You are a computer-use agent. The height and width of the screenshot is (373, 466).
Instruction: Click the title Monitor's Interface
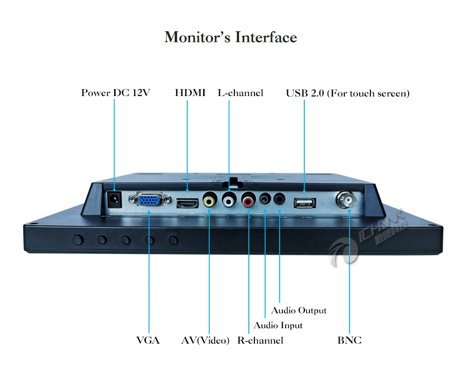coord(231,37)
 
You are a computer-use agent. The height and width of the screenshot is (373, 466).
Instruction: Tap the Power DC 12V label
coord(116,93)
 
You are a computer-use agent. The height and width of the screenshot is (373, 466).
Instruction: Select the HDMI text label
coord(190,93)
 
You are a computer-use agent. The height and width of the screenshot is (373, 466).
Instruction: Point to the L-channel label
coord(240,93)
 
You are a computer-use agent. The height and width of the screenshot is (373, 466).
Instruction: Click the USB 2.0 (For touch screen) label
coord(348,93)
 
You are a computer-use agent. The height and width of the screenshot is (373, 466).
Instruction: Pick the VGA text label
coord(148,340)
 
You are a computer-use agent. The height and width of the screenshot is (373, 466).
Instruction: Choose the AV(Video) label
coord(206,340)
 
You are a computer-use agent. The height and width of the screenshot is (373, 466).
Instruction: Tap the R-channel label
coord(260,340)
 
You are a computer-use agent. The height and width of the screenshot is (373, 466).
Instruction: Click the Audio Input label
coord(278,325)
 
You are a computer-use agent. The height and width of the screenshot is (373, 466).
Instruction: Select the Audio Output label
coord(299,311)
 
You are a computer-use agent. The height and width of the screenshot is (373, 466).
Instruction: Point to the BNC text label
coord(349,340)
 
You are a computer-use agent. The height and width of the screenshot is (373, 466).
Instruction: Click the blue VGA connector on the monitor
coord(149,200)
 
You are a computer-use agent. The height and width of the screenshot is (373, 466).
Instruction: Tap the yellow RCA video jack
coord(209,201)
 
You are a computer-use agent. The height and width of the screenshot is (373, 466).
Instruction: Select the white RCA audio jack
coord(229,201)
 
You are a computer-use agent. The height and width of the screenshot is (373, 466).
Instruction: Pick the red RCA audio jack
coord(247,201)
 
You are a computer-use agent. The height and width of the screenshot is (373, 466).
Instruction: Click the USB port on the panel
coord(305,203)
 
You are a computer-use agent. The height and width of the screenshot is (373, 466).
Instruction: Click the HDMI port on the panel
coord(187,203)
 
